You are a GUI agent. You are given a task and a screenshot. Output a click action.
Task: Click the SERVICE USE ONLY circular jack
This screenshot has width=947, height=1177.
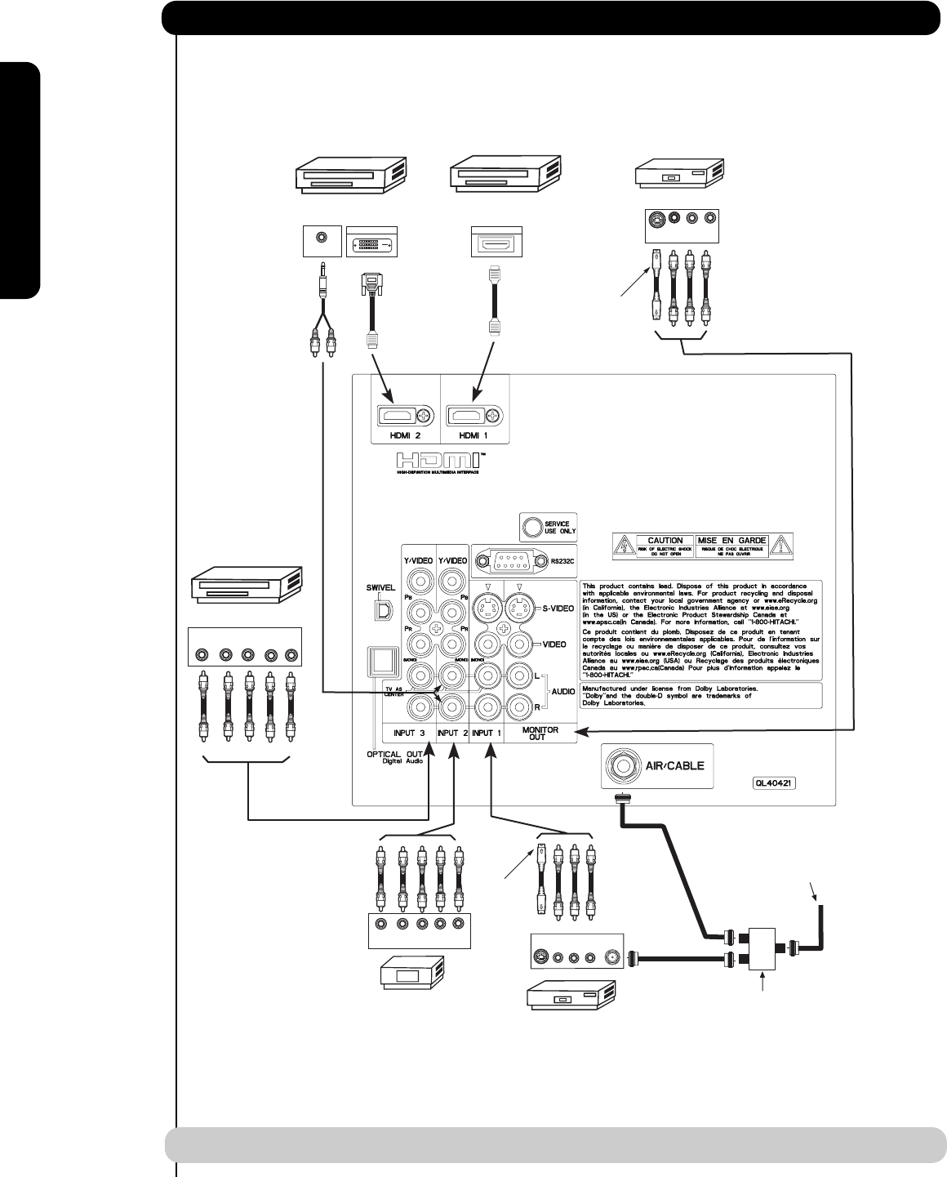tap(532, 526)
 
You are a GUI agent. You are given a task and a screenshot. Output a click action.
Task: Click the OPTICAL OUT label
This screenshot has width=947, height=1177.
tap(395, 754)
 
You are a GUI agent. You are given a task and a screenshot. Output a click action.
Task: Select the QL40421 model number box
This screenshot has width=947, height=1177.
tap(774, 782)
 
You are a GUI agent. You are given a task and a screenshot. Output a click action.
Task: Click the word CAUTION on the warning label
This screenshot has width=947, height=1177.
tap(665, 541)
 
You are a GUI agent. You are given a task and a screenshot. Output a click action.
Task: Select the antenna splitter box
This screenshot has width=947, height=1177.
tap(765, 947)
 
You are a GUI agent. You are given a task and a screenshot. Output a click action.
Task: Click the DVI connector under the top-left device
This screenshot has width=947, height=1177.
tap(371, 244)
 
